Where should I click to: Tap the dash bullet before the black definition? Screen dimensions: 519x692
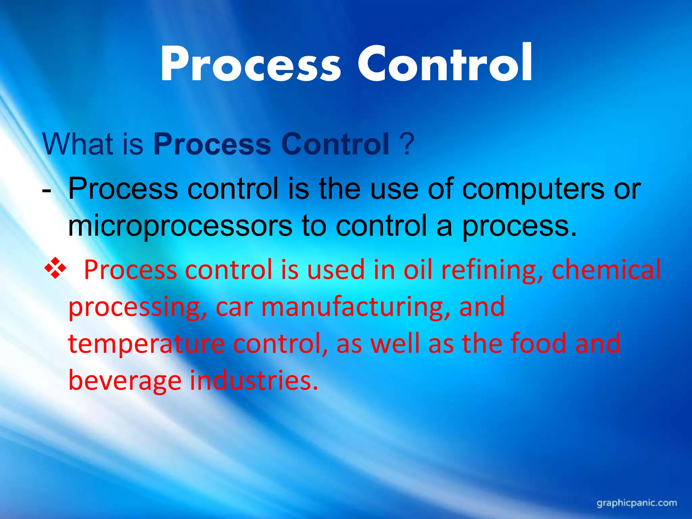[x=47, y=190]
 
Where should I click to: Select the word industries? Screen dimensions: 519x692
[x=254, y=380]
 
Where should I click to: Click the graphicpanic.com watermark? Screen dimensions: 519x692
[x=637, y=503]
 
